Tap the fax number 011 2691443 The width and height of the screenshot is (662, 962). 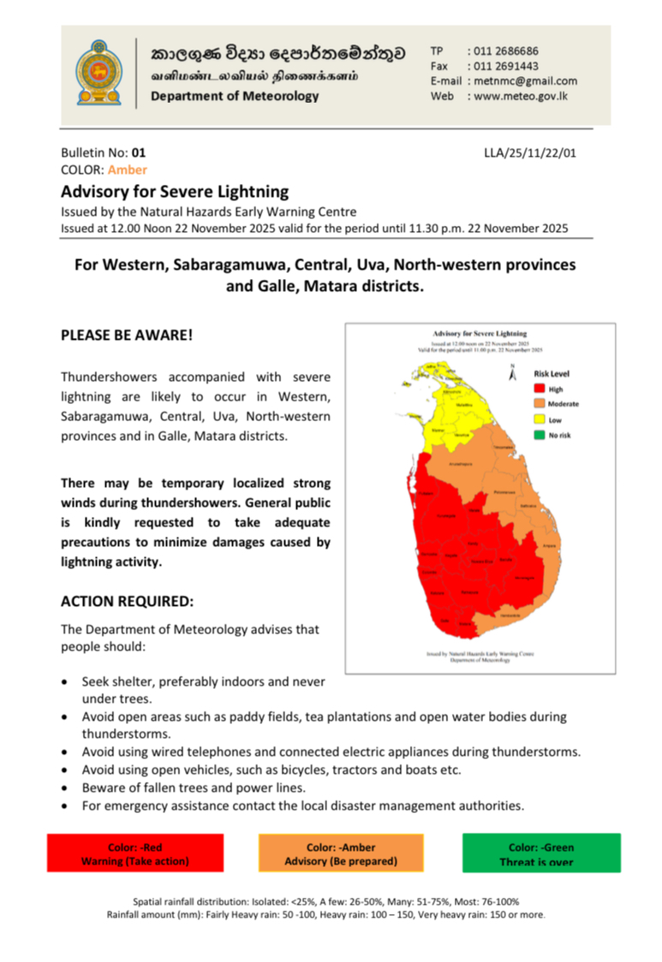[x=503, y=66]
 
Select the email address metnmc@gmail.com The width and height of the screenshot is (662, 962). [x=522, y=81]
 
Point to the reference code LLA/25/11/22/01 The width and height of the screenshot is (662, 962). [x=530, y=153]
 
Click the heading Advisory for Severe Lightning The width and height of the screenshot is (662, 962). [x=174, y=192]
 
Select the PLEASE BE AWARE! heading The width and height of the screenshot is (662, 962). [x=127, y=336]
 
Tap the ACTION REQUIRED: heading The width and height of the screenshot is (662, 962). [x=127, y=602]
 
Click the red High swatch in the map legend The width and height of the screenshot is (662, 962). [x=540, y=389]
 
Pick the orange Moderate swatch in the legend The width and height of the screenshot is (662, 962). [x=540, y=403]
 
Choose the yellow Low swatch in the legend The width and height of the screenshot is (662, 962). [x=540, y=419]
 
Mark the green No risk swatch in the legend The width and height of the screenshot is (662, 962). [x=540, y=435]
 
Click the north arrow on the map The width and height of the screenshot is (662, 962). [x=512, y=373]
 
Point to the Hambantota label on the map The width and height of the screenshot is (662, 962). [x=510, y=615]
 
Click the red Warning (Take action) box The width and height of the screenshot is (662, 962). [x=134, y=853]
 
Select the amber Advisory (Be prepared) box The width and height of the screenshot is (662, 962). [x=341, y=853]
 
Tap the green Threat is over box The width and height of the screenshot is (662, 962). [x=541, y=853]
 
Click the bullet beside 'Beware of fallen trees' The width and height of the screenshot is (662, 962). [x=68, y=787]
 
